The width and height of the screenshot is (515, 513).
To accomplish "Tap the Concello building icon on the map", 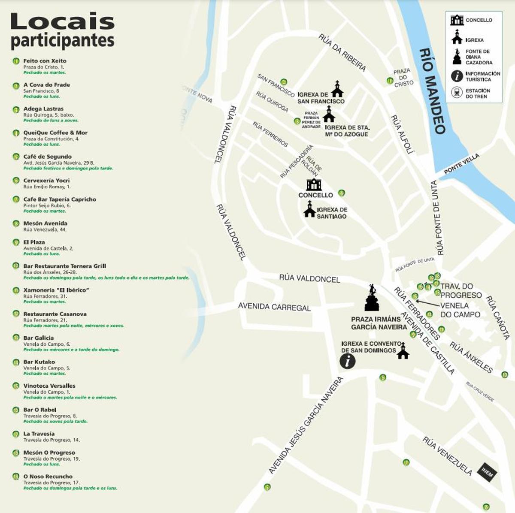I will tap(314, 184).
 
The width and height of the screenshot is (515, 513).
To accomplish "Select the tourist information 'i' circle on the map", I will tap(348, 361).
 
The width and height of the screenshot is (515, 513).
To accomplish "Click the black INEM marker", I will tap(487, 472).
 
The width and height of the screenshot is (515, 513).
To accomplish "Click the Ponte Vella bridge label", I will tap(462, 164).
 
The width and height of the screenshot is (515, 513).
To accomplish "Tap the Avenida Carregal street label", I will tap(274, 307).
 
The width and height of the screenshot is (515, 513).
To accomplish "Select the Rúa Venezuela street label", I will tap(447, 456).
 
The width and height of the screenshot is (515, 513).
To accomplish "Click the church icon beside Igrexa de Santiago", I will tap(309, 210).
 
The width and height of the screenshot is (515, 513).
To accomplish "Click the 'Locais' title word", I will tap(63, 22).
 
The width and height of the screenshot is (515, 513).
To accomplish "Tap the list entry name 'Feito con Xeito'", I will tap(45, 61).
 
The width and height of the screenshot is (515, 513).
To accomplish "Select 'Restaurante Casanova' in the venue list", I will tap(55, 314).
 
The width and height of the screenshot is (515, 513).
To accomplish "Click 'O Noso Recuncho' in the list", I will tap(48, 477).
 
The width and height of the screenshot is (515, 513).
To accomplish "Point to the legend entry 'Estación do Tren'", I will tap(477, 94).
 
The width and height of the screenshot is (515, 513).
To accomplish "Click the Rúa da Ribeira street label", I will tap(342, 53).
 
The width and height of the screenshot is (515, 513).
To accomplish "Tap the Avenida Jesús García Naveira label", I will tap(306, 425).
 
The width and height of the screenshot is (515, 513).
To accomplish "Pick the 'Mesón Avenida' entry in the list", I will tap(45, 223).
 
